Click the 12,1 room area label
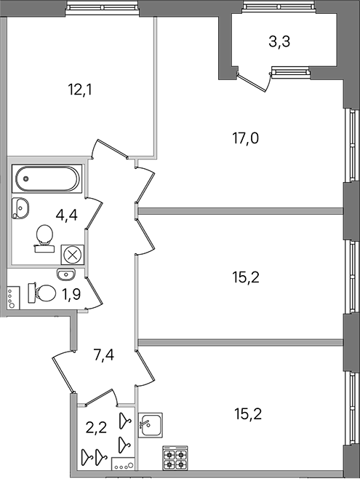pyautogui.click(x=80, y=90)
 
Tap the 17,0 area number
pyautogui.click(x=246, y=138)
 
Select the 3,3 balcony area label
pyautogui.click(x=279, y=41)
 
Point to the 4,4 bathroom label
pyautogui.click(x=66, y=215)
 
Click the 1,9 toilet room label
pyautogui.click(x=71, y=295)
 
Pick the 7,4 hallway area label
pyautogui.click(x=104, y=355)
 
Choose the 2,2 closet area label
pyautogui.click(x=96, y=428)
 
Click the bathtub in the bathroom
pyautogui.click(x=47, y=178)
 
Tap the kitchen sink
pyautogui.click(x=150, y=425)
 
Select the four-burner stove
pyautogui.click(x=175, y=458)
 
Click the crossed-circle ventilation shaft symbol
pyautogui.click(x=72, y=255)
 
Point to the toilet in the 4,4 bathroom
pyautogui.click(x=44, y=238)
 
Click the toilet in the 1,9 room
pyautogui.click(x=42, y=293)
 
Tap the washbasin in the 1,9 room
pyautogui.click(x=65, y=274)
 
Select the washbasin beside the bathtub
pyautogui.click(x=20, y=208)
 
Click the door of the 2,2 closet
pyautogui.click(x=100, y=397)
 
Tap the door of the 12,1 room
pyautogui.click(x=109, y=149)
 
